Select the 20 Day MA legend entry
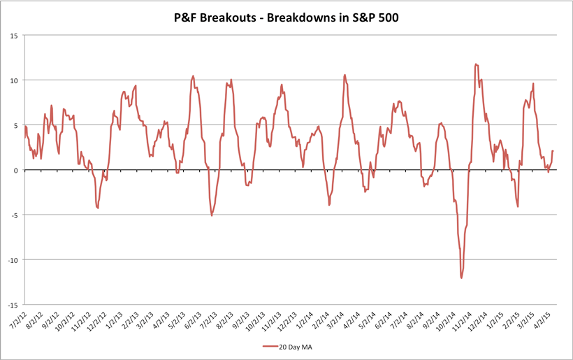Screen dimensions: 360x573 286,346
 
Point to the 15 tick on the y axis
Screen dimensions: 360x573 15,36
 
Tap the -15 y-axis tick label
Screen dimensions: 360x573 13,305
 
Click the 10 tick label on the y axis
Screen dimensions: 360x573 15,80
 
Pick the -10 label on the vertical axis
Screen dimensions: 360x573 13,260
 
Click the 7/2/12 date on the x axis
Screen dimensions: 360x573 17,324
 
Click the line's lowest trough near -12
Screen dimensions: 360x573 461,278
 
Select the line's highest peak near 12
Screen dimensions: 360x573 475,64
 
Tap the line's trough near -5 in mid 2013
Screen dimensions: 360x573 212,215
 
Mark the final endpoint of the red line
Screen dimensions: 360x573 553,151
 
